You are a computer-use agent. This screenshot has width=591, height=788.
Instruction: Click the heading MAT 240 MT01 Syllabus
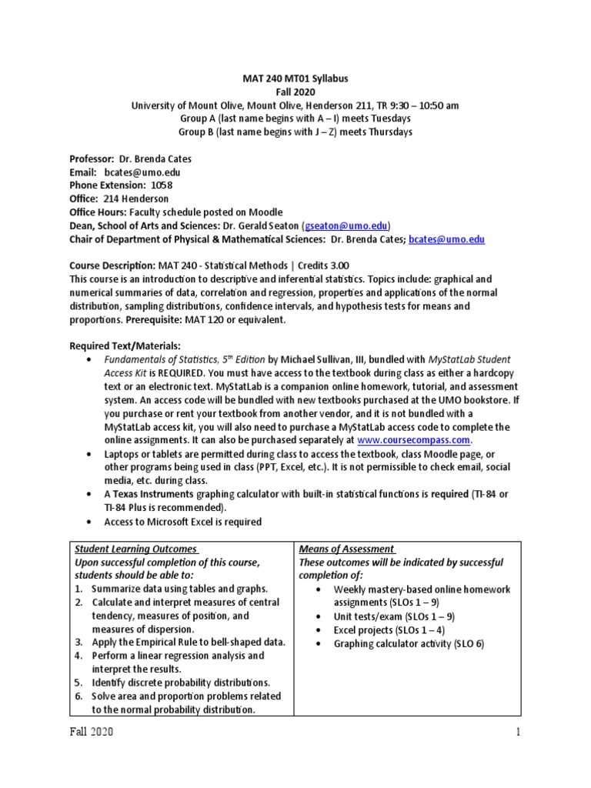pyautogui.click(x=295, y=79)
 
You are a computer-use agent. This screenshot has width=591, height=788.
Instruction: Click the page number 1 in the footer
pyautogui.click(x=519, y=733)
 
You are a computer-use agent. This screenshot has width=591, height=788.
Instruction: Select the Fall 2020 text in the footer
pyautogui.click(x=92, y=733)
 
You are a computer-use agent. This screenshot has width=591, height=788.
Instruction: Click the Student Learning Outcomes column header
pyautogui.click(x=135, y=549)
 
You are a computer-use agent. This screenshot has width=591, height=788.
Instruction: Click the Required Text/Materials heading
pyautogui.click(x=125, y=346)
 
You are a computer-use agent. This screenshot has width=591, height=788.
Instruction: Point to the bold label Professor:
pyautogui.click(x=95, y=159)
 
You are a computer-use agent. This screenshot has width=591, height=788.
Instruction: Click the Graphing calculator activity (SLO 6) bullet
pyautogui.click(x=408, y=643)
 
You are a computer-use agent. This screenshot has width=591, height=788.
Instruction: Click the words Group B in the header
pyautogui.click(x=196, y=132)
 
